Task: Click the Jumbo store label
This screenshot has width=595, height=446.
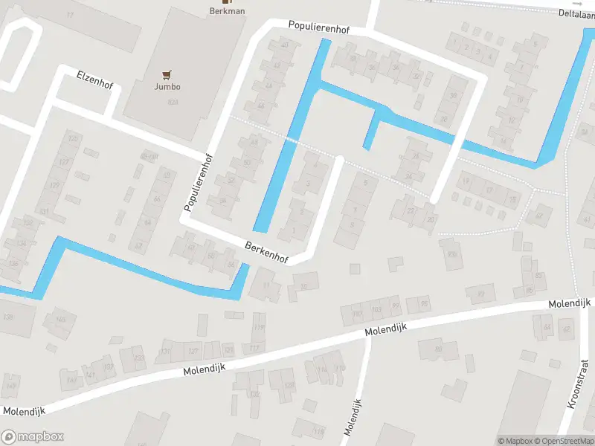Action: pyautogui.click(x=167, y=86)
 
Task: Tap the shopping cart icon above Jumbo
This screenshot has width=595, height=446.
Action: pyautogui.click(x=167, y=74)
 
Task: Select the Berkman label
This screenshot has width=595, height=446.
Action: pyautogui.click(x=227, y=11)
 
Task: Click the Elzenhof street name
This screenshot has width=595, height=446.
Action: pyautogui.click(x=94, y=80)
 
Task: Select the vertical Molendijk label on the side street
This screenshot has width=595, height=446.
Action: pyautogui.click(x=353, y=417)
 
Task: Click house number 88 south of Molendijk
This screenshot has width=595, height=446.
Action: pyautogui.click(x=438, y=349)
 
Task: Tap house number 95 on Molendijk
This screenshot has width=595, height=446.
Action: pyautogui.click(x=424, y=303)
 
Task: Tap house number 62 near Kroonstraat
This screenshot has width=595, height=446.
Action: pyautogui.click(x=566, y=329)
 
